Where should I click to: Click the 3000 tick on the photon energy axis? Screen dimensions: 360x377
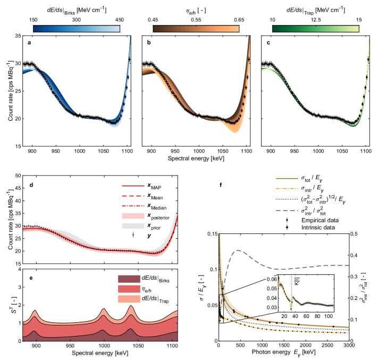[348, 346]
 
